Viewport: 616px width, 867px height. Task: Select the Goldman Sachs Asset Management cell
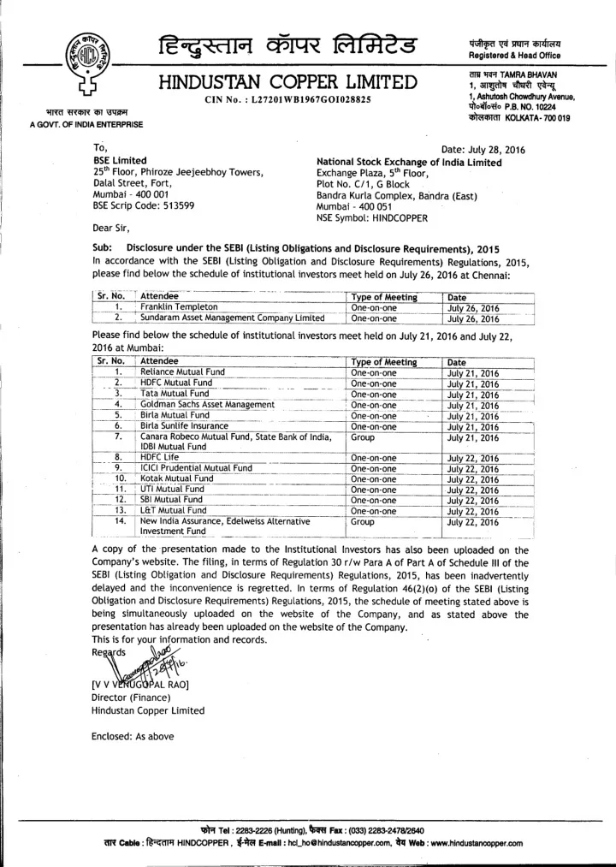click(x=208, y=404)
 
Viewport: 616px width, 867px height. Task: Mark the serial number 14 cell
click(x=121, y=520)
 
